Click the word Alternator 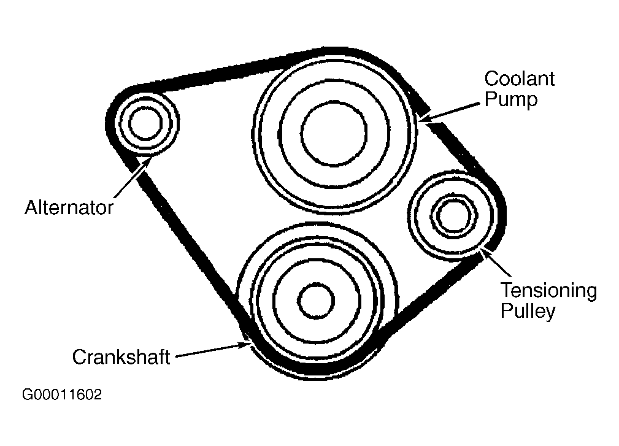[x=69, y=208]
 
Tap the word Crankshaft [x=121, y=357]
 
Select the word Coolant [x=519, y=79]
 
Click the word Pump [x=510, y=99]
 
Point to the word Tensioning [x=548, y=290]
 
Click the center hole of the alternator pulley [x=146, y=123]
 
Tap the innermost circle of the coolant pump [x=334, y=132]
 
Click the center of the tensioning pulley [x=455, y=215]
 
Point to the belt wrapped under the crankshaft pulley [x=319, y=372]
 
